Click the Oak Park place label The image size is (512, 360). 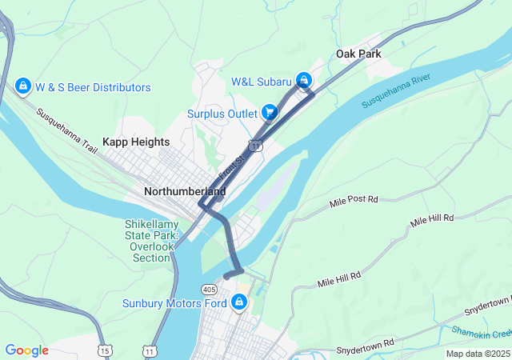pos(358,54)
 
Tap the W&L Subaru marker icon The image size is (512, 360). pos(304,80)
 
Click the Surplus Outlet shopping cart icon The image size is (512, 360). pos(270,113)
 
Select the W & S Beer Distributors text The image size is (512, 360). pos(93,87)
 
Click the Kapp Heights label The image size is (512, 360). pos(136,142)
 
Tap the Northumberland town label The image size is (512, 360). pos(185,192)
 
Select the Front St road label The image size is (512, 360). pos(232,166)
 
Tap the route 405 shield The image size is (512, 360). pos(210,289)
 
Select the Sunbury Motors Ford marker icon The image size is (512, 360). pos(238,302)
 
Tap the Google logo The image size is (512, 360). pos(26,350)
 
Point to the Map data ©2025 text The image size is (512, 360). pos(477,354)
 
